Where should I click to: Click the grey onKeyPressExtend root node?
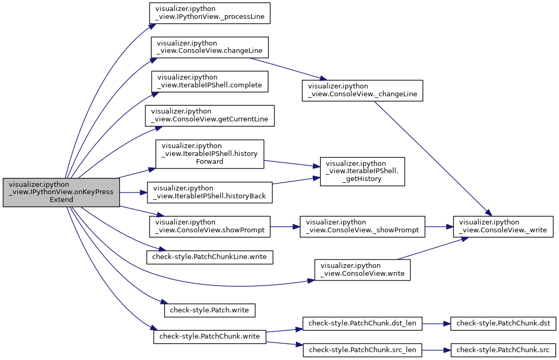point(61,193)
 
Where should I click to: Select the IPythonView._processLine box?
point(210,14)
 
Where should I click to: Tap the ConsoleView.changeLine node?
point(210,47)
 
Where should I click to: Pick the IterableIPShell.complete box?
point(210,81)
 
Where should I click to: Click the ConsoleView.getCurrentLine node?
point(210,116)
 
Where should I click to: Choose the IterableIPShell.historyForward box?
point(210,154)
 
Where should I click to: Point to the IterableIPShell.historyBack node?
point(210,193)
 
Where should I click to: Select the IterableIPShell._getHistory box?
point(362,171)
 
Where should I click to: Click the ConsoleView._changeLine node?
point(362,91)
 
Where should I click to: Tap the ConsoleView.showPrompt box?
point(210,227)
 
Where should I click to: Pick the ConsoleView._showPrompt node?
point(362,227)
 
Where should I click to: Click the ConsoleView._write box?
point(503,227)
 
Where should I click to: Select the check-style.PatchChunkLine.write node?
point(210,257)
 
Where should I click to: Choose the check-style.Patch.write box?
point(210,310)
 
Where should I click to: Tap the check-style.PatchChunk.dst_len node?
point(362,323)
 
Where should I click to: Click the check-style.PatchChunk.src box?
point(503,350)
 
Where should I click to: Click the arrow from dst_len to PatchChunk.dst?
point(436,323)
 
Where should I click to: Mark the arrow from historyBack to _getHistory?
point(296,181)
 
